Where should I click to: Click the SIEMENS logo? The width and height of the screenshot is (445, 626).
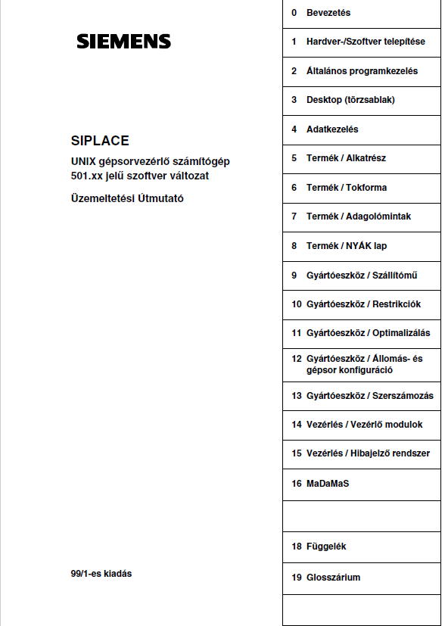click(123, 42)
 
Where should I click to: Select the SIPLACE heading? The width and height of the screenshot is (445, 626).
click(100, 141)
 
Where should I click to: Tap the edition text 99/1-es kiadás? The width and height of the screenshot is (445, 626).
click(101, 574)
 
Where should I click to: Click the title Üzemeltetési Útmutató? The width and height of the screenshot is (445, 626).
click(126, 199)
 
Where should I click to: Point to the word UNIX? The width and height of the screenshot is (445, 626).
click(84, 160)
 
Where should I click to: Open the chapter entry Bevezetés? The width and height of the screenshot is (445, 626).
click(328, 13)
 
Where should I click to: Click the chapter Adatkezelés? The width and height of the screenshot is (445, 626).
click(332, 129)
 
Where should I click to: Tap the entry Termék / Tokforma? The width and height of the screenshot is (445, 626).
click(346, 188)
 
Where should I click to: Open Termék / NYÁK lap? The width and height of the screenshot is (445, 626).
click(346, 246)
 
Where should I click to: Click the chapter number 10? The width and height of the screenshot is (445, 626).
click(297, 304)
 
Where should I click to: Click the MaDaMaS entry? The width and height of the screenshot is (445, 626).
click(327, 483)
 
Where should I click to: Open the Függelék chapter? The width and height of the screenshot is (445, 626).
click(326, 547)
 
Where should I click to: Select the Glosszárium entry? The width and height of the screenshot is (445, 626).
click(333, 578)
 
